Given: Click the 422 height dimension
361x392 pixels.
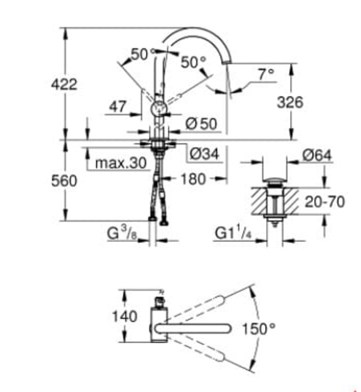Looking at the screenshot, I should [64, 85].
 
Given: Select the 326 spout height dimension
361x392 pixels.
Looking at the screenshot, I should [290, 102].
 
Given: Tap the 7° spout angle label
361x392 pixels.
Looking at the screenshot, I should [266, 73].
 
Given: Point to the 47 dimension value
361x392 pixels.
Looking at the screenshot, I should [118, 107].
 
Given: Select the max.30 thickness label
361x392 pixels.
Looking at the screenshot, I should [120, 164].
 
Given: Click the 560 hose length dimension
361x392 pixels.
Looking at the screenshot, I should [64, 180].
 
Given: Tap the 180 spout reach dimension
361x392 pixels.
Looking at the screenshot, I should [193, 179].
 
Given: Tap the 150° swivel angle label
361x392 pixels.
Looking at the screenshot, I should [260, 328].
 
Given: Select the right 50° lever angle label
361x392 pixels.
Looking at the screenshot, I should [193, 62].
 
